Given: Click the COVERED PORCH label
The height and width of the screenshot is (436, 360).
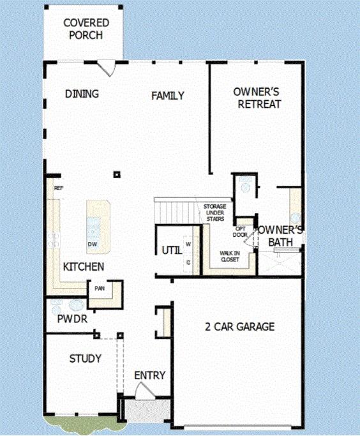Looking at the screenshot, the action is click(x=86, y=29).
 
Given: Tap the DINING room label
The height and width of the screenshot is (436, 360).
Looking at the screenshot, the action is click(x=82, y=94).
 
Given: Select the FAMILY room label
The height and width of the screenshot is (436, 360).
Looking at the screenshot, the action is click(x=168, y=96).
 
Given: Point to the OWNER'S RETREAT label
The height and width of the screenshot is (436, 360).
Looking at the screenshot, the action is click(x=257, y=98).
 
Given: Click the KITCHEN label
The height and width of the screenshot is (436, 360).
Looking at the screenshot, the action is click(x=84, y=267).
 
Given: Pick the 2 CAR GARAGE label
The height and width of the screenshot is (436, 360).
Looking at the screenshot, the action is click(x=240, y=326).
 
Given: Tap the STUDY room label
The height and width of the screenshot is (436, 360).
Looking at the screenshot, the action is click(x=85, y=358).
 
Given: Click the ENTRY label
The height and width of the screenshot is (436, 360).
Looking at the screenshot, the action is click(x=150, y=375).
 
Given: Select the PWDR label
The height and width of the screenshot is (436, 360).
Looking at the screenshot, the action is click(x=72, y=319).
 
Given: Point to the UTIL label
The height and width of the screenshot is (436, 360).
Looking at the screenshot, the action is click(x=172, y=250).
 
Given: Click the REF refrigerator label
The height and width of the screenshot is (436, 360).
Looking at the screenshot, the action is click(x=59, y=188).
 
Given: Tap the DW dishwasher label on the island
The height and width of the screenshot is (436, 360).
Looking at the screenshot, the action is click(x=93, y=244).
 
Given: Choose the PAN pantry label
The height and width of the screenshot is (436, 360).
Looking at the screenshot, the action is click(x=100, y=289).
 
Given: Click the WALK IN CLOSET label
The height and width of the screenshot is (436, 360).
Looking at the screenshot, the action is click(x=230, y=257).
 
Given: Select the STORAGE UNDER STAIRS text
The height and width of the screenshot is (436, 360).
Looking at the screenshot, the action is click(x=215, y=213).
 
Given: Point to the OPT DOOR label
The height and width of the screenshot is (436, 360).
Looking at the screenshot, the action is click(x=240, y=232).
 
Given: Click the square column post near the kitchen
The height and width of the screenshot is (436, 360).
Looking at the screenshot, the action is click(x=117, y=175).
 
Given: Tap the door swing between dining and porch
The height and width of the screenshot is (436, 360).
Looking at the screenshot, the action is click(x=107, y=69).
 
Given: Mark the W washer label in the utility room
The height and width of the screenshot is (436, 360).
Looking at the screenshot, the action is click(x=188, y=244).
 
